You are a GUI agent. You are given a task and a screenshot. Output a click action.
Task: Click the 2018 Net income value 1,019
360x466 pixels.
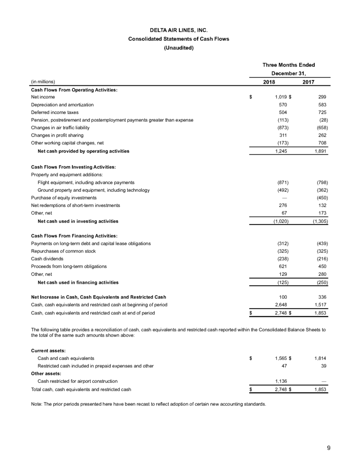coord(281,97)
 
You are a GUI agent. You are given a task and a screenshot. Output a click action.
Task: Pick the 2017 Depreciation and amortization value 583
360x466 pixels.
coord(321,105)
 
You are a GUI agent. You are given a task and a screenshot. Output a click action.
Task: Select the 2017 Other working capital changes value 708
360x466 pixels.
coord(321,144)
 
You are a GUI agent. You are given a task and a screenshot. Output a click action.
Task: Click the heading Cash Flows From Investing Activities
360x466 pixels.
coord(74,167)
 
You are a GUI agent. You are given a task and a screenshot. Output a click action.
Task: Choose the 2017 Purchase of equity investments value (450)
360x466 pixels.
coord(320,198)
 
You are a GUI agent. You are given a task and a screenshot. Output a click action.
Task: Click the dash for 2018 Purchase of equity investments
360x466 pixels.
coord(285,198)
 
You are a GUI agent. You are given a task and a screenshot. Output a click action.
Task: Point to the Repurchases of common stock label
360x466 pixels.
coord(59,251)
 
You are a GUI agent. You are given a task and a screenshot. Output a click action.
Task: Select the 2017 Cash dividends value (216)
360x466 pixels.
coord(320,259)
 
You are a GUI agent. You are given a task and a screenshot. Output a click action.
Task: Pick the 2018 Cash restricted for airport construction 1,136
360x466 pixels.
coord(282,382)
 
